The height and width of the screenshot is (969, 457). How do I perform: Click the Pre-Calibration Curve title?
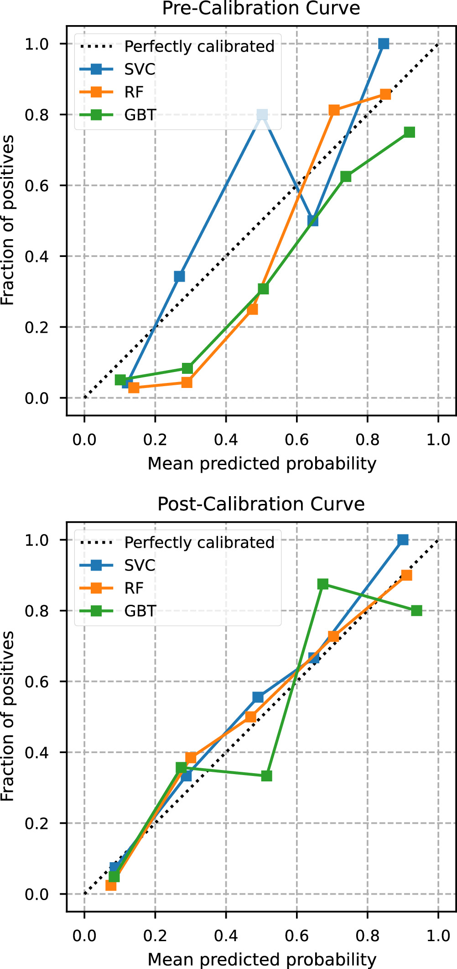[x=261, y=8]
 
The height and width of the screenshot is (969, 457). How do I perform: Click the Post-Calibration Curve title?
[x=261, y=504]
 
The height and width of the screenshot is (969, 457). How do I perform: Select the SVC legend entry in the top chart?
[x=140, y=69]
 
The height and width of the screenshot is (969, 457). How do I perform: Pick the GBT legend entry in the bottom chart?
[x=140, y=611]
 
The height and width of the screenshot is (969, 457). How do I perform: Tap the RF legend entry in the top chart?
[x=134, y=92]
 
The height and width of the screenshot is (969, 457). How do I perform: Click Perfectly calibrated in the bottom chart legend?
[x=199, y=542]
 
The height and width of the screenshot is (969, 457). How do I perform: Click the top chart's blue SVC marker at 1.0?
[x=384, y=44]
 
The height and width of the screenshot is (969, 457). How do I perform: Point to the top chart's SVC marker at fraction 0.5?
[x=313, y=220]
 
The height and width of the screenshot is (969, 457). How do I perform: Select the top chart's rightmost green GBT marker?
[x=410, y=132]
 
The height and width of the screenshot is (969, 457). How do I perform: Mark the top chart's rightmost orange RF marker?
[x=385, y=94]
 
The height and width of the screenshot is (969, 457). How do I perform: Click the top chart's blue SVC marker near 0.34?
[x=180, y=276]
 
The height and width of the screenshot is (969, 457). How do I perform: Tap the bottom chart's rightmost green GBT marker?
[x=416, y=611]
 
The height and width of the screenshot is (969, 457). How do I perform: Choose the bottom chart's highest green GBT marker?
[x=323, y=584]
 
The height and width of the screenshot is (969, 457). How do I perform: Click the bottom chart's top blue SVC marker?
[x=403, y=540]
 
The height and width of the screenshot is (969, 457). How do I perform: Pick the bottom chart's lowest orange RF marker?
[x=111, y=885]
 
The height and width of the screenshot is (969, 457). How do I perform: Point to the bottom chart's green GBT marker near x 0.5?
[x=267, y=775]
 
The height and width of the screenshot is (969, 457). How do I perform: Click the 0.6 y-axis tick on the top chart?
[x=36, y=186]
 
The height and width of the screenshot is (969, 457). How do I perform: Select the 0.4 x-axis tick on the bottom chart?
[x=226, y=936]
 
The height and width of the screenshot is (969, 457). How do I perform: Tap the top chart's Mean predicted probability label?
[x=262, y=463]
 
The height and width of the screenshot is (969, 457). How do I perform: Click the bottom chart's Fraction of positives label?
[x=8, y=716]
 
